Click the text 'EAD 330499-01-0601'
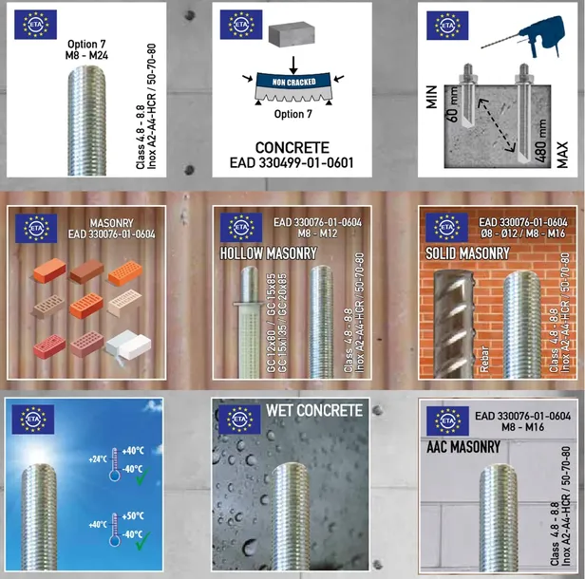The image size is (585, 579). pos(292,162)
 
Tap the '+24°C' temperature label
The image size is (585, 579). pos(98,460)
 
